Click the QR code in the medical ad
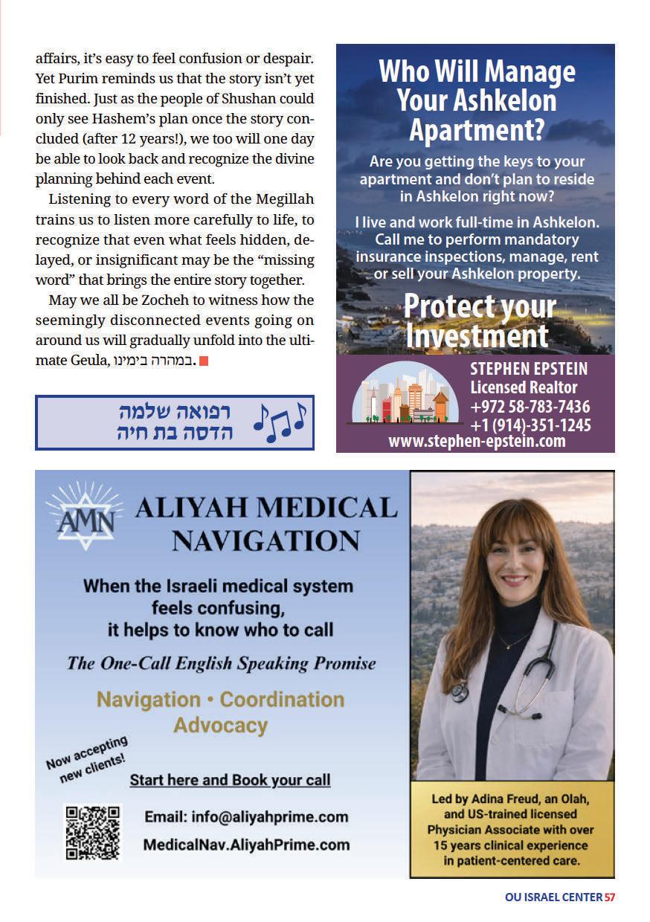[x=92, y=833]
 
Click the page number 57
[x=610, y=897]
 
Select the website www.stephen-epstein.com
[x=477, y=442]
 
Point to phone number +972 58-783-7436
[x=530, y=407]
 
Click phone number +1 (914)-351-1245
[x=530, y=425]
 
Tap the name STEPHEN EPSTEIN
[x=529, y=370]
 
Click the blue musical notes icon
[x=280, y=422]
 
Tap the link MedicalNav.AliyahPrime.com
[x=246, y=845]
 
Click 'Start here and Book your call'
[x=230, y=780]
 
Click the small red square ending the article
[x=204, y=361]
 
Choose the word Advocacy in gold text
[x=220, y=725]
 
